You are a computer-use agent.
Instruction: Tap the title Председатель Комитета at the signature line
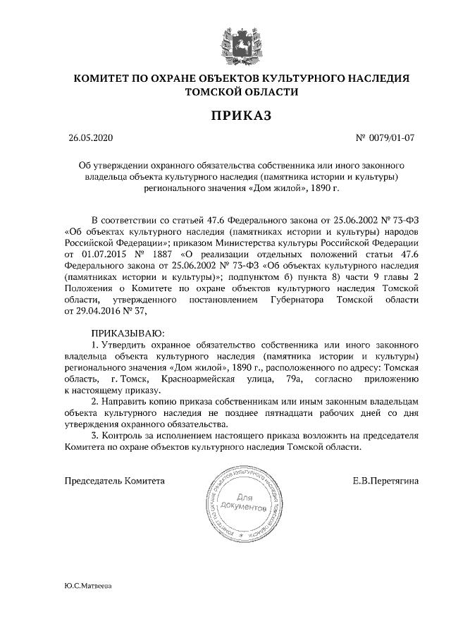[115, 481]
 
